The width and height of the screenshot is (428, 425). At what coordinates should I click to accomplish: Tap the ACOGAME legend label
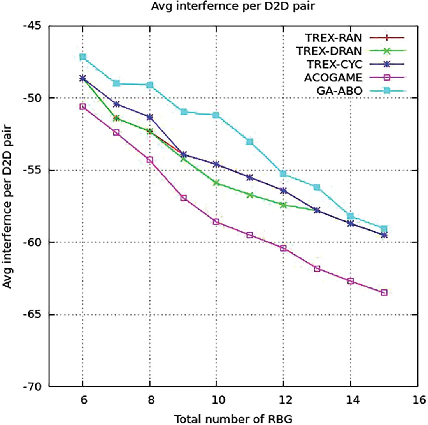point(330,77)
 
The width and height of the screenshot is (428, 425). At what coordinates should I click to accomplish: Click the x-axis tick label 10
point(216,401)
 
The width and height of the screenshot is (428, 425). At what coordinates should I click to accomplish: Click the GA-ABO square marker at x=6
point(82,57)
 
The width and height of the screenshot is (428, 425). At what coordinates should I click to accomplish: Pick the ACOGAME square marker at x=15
point(384,292)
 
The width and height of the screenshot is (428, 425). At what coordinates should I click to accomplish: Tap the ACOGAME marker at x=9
point(183,198)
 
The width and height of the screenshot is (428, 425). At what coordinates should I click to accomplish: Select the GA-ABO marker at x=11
point(250,141)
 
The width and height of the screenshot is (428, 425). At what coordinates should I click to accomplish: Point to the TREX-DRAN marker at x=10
point(216,183)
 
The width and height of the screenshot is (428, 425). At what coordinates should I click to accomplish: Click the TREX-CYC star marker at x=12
point(284,190)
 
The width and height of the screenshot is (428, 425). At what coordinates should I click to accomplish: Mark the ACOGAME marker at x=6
point(82,106)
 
